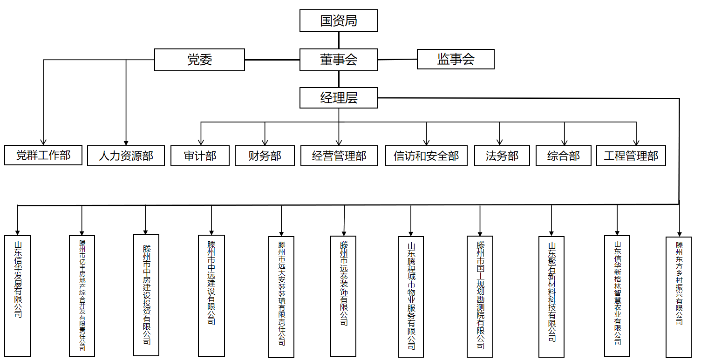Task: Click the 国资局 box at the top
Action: [339, 21]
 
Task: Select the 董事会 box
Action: [339, 60]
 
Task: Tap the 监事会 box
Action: [456, 59]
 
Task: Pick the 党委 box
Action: [199, 60]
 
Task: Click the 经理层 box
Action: [339, 98]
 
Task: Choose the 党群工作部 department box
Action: [43, 155]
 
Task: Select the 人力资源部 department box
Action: [126, 156]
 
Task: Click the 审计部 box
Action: [200, 156]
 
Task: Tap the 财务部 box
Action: [265, 156]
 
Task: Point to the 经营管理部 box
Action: [339, 156]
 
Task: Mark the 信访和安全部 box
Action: [426, 156]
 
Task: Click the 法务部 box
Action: [502, 156]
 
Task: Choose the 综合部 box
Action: [564, 156]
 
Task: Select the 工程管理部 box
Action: [631, 156]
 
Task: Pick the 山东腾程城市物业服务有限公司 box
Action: [411, 296]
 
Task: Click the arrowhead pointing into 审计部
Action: [201, 142]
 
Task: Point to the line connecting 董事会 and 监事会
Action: [397, 60]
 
